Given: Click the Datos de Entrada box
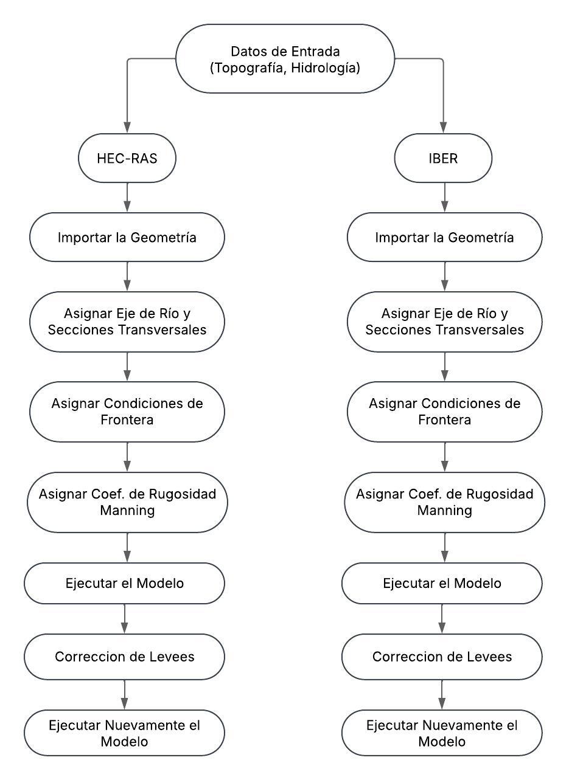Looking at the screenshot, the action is click(x=285, y=58).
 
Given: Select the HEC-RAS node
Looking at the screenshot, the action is click(x=127, y=158).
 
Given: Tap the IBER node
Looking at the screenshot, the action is click(x=443, y=158).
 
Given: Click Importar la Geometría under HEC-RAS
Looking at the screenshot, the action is click(x=127, y=237).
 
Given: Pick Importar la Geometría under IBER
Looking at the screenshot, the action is click(x=444, y=237).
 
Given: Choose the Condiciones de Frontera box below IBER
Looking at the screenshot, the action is click(x=444, y=412).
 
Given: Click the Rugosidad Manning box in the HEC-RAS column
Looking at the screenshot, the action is click(x=127, y=502).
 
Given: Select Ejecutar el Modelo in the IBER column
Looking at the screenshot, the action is click(x=442, y=583).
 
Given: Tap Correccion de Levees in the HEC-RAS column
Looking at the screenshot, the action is click(x=125, y=657).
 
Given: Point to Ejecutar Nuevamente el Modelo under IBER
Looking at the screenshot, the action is click(x=442, y=733).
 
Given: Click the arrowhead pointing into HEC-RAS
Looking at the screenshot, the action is click(x=127, y=128).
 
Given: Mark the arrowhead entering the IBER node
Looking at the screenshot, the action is click(x=443, y=128).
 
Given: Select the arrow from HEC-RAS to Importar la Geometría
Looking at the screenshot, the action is click(x=127, y=198).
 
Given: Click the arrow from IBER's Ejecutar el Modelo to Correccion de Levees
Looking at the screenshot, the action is click(x=442, y=619).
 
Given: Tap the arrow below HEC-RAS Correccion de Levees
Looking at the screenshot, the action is click(x=125, y=695).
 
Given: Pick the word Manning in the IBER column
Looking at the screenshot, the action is click(x=444, y=511).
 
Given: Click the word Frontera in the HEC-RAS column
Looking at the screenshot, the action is click(x=127, y=419).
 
